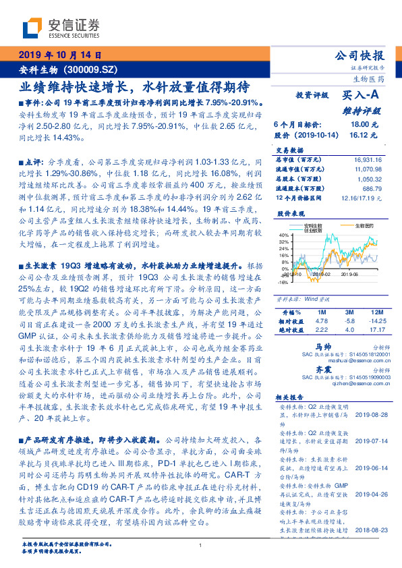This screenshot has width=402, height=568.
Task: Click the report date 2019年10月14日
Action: click(x=59, y=55)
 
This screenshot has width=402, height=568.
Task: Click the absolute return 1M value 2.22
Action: click(x=322, y=329)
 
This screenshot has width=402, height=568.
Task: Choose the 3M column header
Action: click(x=349, y=313)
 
